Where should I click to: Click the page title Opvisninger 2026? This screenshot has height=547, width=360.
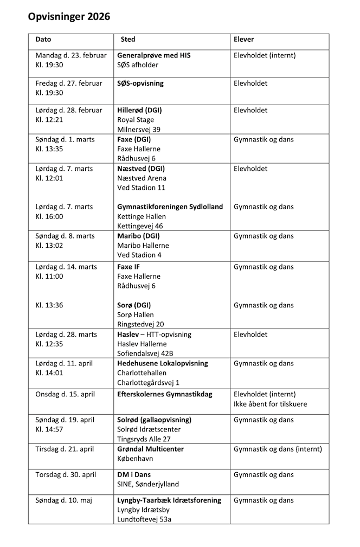click(x=69, y=17)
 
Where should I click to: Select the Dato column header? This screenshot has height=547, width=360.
click(x=43, y=40)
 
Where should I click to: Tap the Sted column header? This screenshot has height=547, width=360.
click(x=128, y=40)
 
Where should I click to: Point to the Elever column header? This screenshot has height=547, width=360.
click(x=243, y=40)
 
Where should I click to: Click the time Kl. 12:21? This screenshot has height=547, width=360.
click(x=49, y=120)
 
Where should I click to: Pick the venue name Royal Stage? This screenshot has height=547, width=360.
click(x=136, y=120)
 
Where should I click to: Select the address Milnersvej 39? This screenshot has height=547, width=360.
click(x=139, y=130)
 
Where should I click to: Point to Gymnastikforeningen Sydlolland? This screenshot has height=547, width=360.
click(x=170, y=207)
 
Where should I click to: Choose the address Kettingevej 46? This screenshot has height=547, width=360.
click(x=140, y=226)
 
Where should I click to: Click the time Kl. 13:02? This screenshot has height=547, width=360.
click(x=49, y=246)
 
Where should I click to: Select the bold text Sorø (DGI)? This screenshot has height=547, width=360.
click(x=134, y=305)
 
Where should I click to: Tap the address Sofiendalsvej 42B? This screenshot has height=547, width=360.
click(x=146, y=353)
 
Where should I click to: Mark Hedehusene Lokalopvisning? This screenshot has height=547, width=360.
click(x=163, y=363)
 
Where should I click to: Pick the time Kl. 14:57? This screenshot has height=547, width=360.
click(x=49, y=429)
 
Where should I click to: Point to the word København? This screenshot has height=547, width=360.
click(x=135, y=459)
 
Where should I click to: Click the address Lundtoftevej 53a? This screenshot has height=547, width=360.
click(x=145, y=519)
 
